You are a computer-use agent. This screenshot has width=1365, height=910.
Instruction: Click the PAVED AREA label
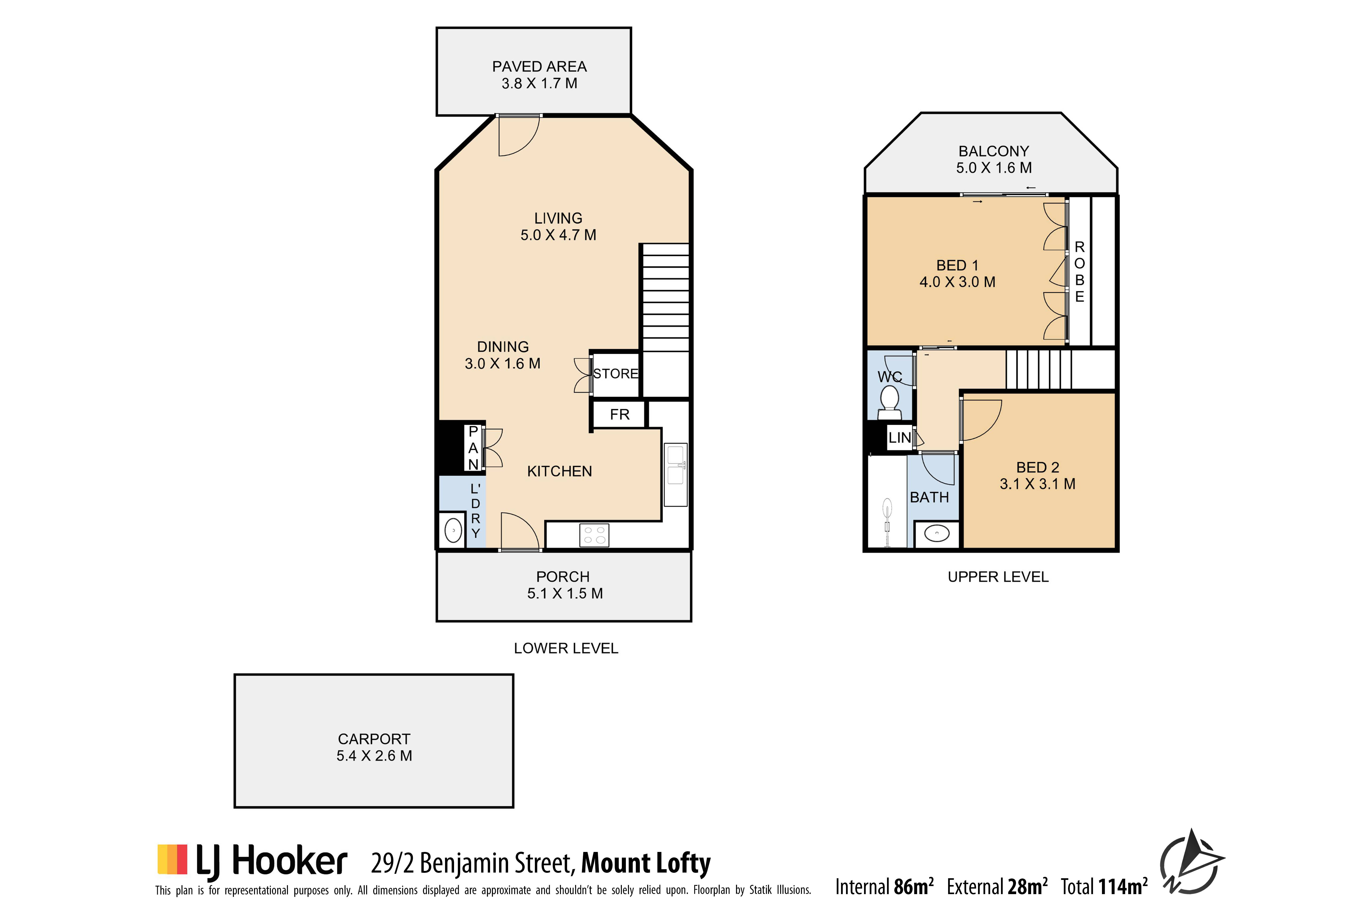coord(539,67)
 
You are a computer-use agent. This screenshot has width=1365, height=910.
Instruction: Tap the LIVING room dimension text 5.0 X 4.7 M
coord(558,235)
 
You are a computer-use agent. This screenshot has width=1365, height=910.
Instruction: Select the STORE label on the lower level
coord(616,374)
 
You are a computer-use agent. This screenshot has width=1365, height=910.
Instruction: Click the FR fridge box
coord(619,414)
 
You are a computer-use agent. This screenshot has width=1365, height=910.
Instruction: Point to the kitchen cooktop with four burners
coord(594,535)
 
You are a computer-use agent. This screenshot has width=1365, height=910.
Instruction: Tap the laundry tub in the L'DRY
coord(453,530)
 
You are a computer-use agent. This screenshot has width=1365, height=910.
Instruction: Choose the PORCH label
coord(563,577)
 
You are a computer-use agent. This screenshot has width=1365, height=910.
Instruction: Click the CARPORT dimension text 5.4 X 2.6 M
coord(374,756)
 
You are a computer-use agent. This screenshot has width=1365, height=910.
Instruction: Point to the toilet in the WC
coord(890,402)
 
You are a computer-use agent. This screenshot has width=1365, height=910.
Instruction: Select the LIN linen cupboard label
coord(900,438)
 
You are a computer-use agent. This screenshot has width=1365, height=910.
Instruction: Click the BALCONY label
coord(994,151)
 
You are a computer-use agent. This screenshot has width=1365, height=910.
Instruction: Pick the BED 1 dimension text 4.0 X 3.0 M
coord(958,282)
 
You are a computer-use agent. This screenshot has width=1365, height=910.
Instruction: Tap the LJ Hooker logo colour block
coord(172,859)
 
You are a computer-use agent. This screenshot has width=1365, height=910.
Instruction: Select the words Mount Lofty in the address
coord(646,863)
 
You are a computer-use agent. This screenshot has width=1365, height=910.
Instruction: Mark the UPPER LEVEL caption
coord(998,577)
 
